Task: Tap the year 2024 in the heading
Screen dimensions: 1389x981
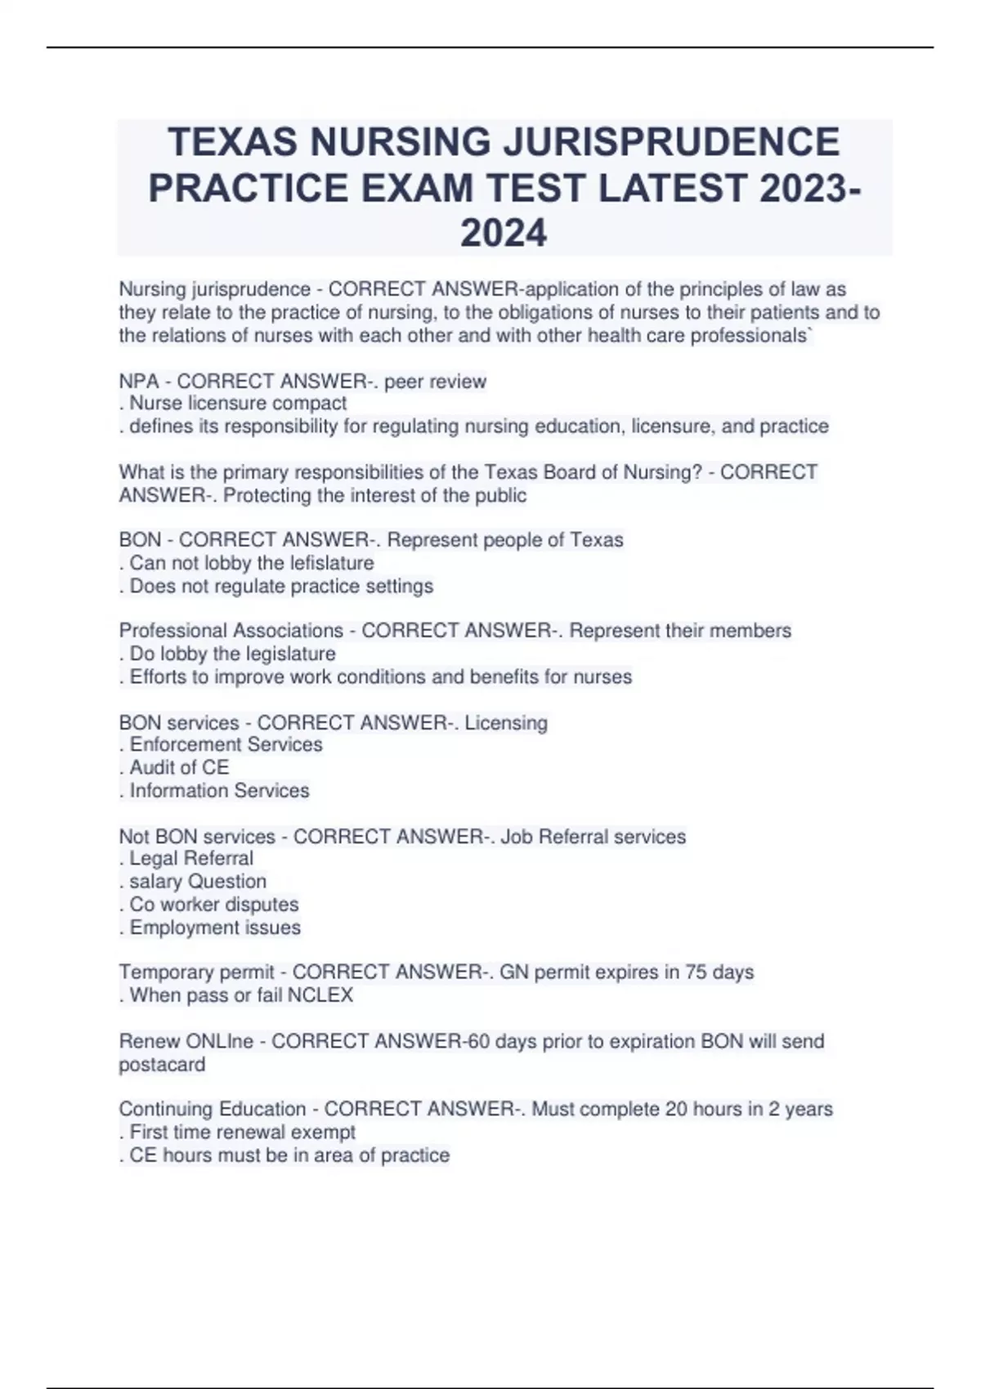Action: pyautogui.click(x=504, y=234)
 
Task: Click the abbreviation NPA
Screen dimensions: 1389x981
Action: pyautogui.click(x=139, y=382)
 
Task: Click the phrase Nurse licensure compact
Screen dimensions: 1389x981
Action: pyautogui.click(x=238, y=404)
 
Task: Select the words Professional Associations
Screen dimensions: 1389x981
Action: pyautogui.click(x=231, y=631)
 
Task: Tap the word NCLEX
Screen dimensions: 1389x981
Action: pyautogui.click(x=320, y=995)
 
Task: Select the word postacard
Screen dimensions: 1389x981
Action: pyautogui.click(x=162, y=1065)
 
